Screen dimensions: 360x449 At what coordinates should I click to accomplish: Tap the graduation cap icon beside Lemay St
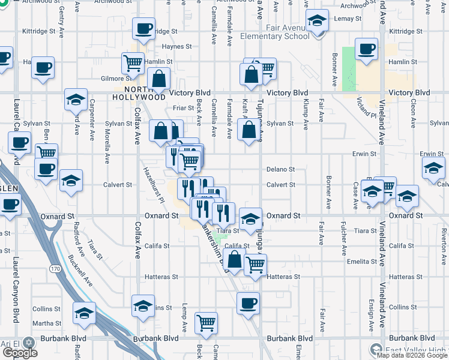(x=316, y=22)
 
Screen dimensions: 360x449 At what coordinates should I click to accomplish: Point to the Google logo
(x=19, y=353)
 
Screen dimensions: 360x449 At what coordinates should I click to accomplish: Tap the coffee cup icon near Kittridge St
(x=144, y=29)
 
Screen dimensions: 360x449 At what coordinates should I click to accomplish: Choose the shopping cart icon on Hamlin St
(x=132, y=62)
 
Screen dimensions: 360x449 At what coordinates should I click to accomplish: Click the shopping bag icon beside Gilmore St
(x=158, y=78)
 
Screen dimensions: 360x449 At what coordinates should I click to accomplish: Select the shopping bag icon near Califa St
(x=235, y=260)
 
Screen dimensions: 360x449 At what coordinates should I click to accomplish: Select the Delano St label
(x=280, y=170)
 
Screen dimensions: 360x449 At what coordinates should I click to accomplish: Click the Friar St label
(x=181, y=108)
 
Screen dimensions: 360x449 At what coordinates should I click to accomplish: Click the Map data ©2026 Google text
(x=411, y=355)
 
